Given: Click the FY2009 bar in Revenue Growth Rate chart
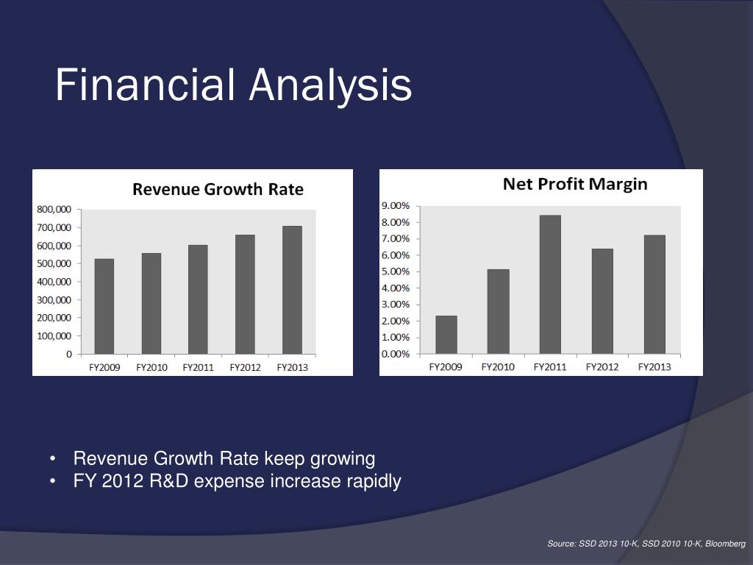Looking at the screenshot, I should (x=104, y=306).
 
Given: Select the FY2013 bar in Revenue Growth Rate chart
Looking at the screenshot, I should (x=292, y=290).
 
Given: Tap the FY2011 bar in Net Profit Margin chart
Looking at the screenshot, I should (x=550, y=284).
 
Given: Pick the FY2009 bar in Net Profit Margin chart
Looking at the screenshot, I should (x=446, y=335).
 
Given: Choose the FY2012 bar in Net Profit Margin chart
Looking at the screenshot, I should (x=602, y=301).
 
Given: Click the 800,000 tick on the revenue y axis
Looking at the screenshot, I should (x=54, y=209).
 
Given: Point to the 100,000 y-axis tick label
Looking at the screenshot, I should (x=54, y=336).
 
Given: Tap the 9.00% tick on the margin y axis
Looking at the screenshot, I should (x=396, y=206).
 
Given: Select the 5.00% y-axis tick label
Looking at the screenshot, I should (x=396, y=271).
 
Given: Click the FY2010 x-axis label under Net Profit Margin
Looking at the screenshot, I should (x=498, y=366).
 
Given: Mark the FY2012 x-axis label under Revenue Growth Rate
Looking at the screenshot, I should (x=245, y=367).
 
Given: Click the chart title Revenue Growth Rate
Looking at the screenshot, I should (x=218, y=189).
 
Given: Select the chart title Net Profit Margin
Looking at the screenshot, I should (x=575, y=184).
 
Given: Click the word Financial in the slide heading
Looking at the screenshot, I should (x=146, y=85).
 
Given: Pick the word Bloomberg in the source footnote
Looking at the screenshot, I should (x=726, y=544).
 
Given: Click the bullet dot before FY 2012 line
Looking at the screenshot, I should (x=55, y=483).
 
